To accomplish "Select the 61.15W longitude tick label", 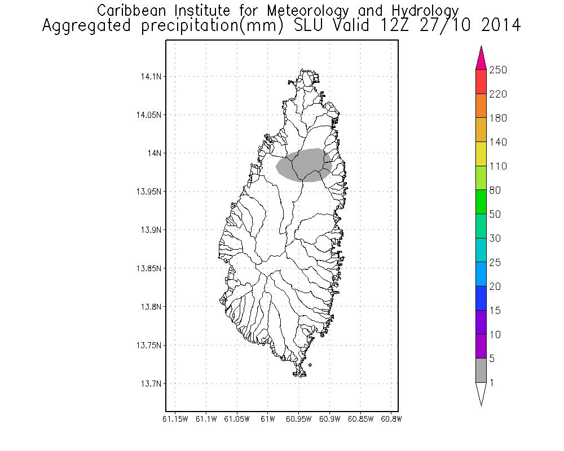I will click(175, 419).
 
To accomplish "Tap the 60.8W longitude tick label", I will click(391, 419).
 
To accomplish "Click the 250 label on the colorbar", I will click(498, 70).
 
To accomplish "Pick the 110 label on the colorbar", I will click(498, 166).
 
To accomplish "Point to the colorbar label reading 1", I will click(493, 383).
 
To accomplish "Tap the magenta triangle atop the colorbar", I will click(481, 58).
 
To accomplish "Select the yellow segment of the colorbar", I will click(481, 154).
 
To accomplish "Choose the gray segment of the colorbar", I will click(481, 370).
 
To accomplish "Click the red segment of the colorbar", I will click(481, 82).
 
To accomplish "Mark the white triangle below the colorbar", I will click(481, 393).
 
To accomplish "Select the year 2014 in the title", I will click(496, 26).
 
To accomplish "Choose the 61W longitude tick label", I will click(267, 419).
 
